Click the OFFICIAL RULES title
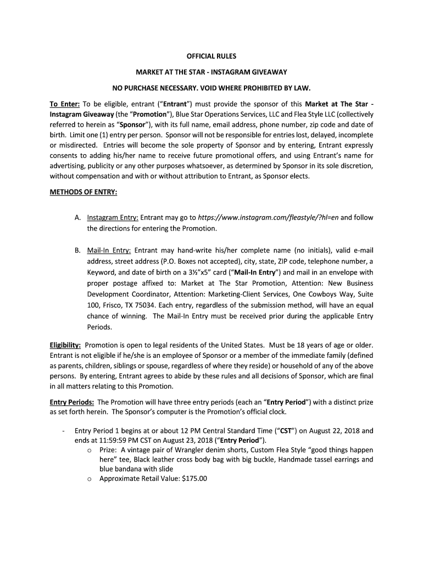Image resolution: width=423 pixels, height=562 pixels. coord(211,56)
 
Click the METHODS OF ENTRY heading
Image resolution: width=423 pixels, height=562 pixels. coord(83,192)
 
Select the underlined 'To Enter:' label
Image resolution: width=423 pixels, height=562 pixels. coord(65,104)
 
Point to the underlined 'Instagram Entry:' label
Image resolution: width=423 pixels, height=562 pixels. coord(113,217)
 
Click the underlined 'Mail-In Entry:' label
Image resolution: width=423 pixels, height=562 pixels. coord(109,250)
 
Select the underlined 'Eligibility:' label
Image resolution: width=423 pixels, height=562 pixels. coord(65,345)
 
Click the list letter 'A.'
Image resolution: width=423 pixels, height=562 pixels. coord(78,217)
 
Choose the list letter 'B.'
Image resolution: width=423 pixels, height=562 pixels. coord(78,250)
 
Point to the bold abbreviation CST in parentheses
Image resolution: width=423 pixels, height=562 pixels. coord(286,431)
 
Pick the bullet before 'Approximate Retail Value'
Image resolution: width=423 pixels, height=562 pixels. coord(90,479)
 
